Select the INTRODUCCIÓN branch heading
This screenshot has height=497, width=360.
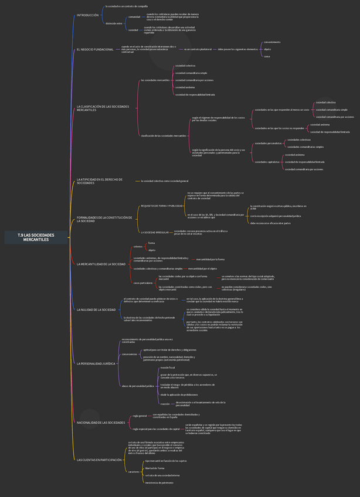88,15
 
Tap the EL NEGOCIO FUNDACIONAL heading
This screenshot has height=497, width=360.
95,49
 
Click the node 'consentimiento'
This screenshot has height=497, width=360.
272,42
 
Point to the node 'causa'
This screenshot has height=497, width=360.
267,56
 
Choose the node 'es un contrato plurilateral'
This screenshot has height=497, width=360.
198,49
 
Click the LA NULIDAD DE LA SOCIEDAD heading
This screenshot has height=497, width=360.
96,309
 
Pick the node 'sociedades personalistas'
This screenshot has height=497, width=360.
267,143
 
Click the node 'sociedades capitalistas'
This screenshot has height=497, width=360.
267,162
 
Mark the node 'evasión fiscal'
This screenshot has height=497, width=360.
167,367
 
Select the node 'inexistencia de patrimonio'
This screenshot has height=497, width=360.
159,482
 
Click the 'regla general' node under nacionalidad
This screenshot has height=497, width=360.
140,415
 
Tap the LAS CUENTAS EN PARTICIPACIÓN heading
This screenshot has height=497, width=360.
99,460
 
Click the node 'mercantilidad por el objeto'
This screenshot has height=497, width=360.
202,268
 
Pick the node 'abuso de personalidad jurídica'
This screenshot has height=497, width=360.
138,386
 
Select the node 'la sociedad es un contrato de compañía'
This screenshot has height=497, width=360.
126,6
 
